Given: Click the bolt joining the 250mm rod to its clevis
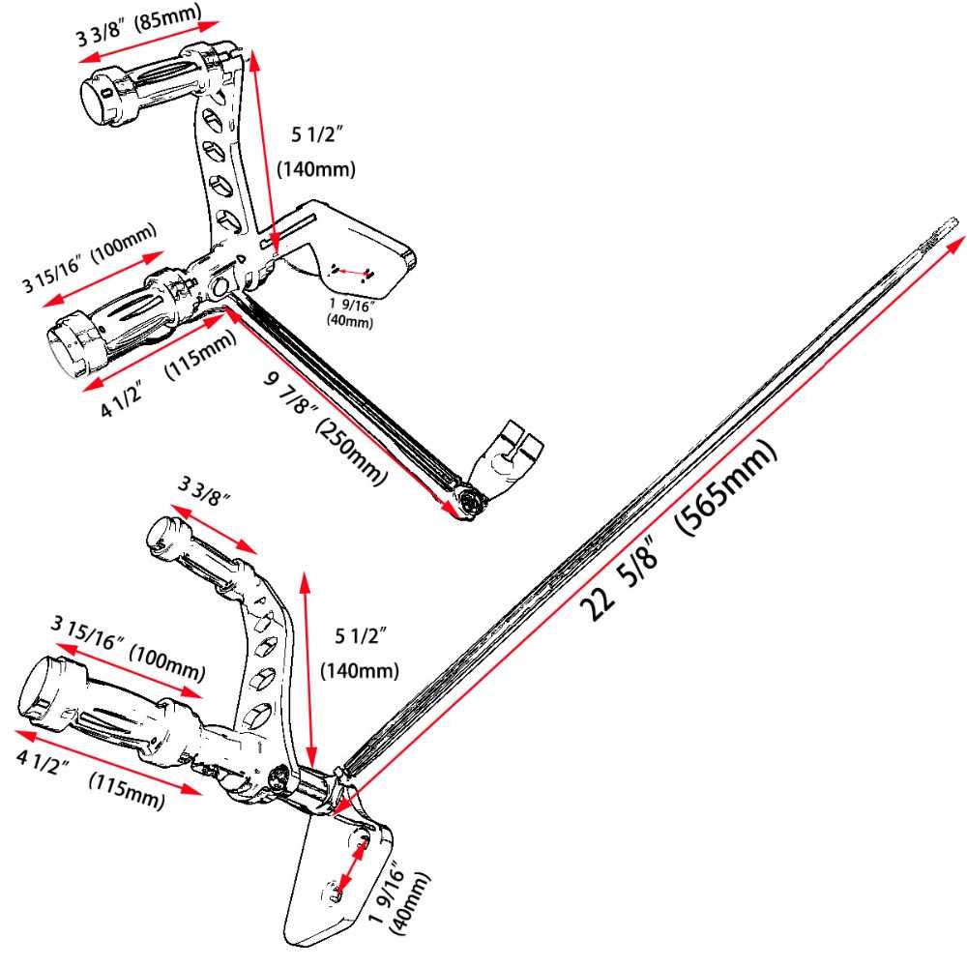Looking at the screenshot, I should pos(473,501).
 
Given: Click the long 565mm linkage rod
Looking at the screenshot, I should pos(638,503).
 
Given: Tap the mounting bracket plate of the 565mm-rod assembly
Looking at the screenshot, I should pos(338,880).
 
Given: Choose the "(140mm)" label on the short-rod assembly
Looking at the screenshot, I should pos(316,168).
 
